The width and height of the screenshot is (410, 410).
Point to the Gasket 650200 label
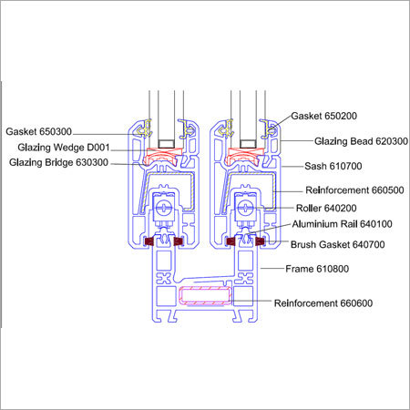point(326,118)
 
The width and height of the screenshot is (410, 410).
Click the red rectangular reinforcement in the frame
point(207,296)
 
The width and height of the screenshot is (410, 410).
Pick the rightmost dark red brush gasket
point(261,242)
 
